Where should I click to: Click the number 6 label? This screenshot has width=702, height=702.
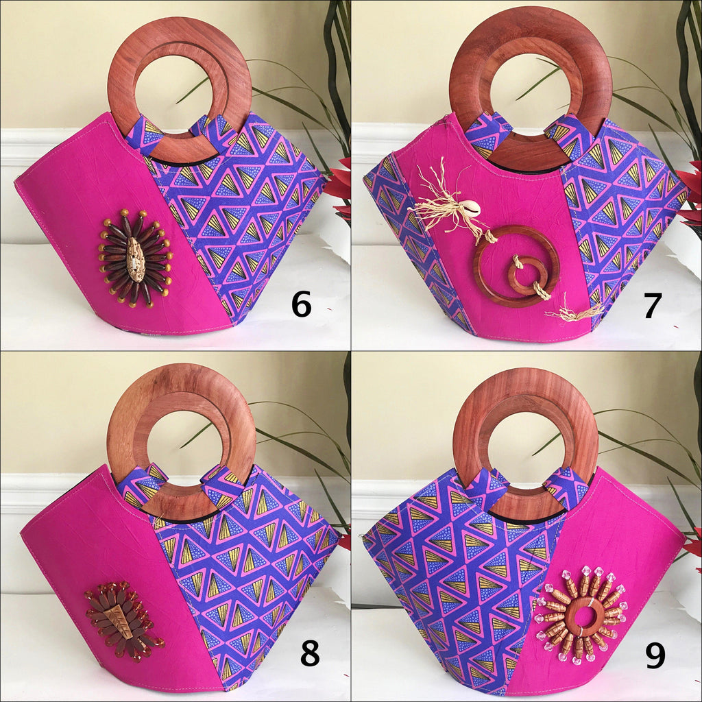point(301,304)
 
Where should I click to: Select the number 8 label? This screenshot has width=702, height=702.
point(309,653)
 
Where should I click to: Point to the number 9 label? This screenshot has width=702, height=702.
point(655,655)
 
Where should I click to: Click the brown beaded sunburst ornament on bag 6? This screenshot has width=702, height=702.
point(136,259)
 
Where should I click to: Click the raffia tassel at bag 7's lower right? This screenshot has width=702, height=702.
point(576,312)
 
